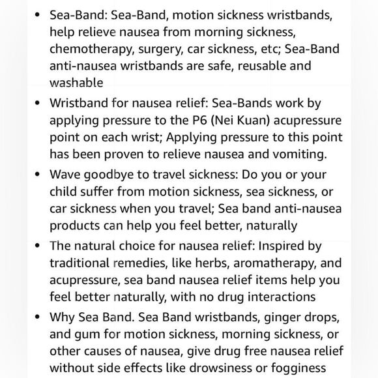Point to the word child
tap(65, 192)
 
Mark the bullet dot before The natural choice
tap(36, 246)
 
